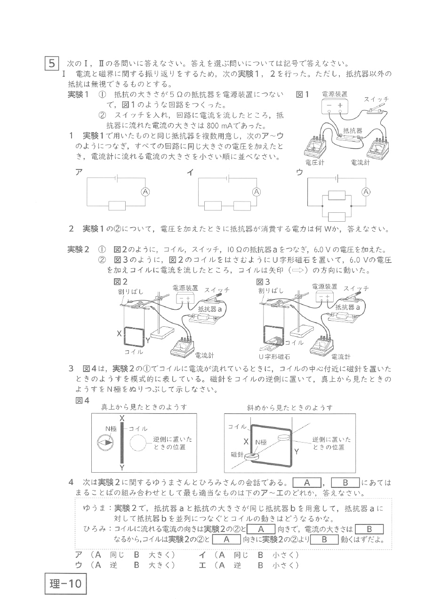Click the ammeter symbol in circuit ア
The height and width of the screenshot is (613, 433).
[146, 191]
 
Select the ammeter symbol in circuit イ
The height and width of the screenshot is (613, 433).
[257, 191]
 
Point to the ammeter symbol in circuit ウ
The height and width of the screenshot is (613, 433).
[366, 191]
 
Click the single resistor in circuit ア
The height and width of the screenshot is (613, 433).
[117, 205]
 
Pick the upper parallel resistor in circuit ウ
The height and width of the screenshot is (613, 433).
[337, 195]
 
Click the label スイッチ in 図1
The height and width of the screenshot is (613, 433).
[377, 99]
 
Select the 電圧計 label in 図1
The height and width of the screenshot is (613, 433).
[314, 163]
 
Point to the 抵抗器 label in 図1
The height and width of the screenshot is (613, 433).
[353, 130]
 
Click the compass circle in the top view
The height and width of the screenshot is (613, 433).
[105, 443]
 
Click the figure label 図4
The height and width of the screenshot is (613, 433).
[82, 400]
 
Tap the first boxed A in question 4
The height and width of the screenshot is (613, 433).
[306, 483]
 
